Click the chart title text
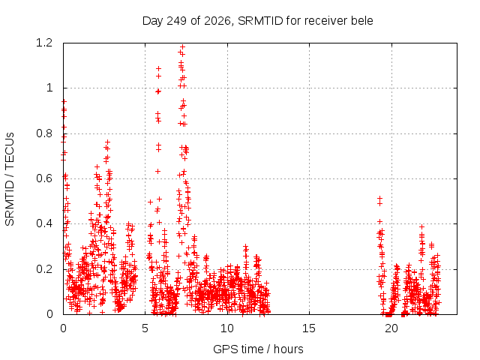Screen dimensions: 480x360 (x=258, y=21)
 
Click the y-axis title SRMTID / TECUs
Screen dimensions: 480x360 (x=10, y=179)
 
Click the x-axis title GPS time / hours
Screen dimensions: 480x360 (x=258, y=349)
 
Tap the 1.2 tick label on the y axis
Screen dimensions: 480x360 (x=44, y=43)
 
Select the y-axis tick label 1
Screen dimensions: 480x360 (x=49, y=88)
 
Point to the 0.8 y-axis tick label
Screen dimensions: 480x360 (x=44, y=133)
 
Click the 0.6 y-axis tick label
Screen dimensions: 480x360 (x=44, y=178)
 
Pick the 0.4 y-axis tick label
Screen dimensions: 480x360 (x=44, y=223)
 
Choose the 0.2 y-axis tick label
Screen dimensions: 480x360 (x=44, y=269)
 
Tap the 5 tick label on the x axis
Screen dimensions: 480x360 (x=145, y=328)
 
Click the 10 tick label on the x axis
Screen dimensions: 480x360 (x=227, y=328)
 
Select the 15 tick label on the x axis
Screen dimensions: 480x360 (x=309, y=328)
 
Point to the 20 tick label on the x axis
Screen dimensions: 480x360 (x=391, y=328)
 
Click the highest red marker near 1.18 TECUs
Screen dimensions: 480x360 (x=183, y=46)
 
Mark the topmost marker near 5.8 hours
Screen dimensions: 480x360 (x=158, y=68)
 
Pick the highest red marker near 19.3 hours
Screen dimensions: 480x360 (x=379, y=198)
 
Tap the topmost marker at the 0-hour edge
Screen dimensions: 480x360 (x=64, y=101)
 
